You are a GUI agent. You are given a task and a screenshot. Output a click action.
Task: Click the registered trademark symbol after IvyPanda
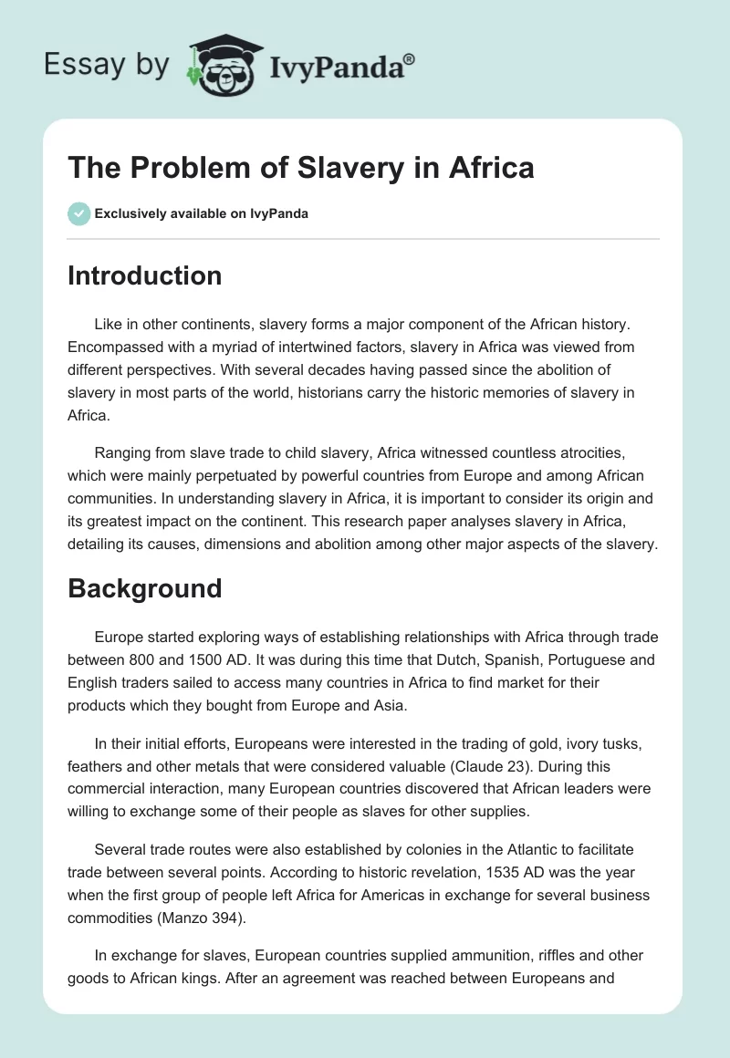click(x=410, y=58)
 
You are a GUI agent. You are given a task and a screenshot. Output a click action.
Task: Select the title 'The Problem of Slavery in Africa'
click(x=301, y=168)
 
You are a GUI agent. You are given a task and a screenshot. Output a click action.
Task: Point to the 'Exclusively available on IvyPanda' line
click(x=202, y=213)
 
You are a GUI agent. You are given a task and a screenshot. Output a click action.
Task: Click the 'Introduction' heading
click(x=144, y=275)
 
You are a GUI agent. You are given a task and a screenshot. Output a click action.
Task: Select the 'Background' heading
click(x=144, y=588)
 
